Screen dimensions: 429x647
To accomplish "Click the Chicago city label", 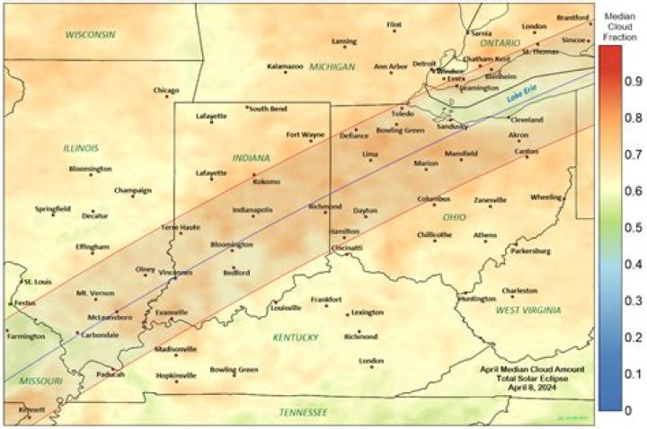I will (166, 90).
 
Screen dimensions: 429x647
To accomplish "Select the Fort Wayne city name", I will (306, 135).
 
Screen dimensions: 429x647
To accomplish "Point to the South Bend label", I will (268, 109).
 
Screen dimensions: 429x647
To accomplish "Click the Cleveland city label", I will (527, 119).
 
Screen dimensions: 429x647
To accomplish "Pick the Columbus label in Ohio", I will (433, 198).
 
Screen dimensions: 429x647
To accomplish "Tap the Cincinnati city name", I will (347, 247).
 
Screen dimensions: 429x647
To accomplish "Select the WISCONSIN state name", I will (90, 34).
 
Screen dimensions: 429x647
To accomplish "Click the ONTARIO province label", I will (500, 42).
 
